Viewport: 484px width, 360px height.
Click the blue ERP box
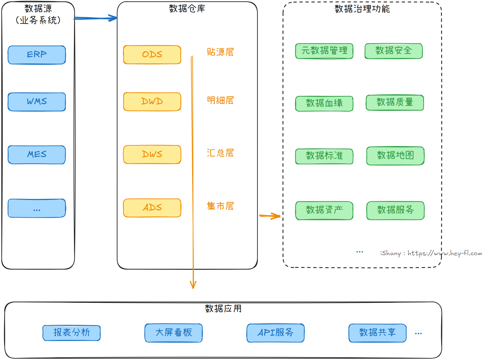[37, 55]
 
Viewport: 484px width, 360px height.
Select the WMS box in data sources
[37, 102]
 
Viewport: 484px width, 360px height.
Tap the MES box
[37, 155]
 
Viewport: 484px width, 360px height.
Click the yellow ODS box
[152, 55]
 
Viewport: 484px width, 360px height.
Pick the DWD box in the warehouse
[152, 101]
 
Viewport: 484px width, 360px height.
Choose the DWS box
[152, 154]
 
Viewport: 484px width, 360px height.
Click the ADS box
[152, 208]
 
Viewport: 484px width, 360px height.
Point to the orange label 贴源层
[220, 52]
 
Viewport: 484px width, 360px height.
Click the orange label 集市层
[220, 206]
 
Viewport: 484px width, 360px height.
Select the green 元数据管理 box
[324, 51]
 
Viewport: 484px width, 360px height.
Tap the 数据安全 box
[393, 51]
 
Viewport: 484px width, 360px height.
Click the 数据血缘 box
[324, 103]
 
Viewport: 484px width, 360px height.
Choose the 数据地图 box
[395, 156]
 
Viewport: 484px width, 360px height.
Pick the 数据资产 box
[324, 210]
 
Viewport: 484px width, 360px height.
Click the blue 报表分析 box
[71, 333]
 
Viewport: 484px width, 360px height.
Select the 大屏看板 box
[173, 333]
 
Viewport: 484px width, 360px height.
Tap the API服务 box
[275, 333]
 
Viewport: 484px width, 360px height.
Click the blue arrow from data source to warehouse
[96, 18]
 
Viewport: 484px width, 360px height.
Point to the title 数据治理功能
[362, 9]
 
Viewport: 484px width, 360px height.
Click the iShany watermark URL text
[431, 253]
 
